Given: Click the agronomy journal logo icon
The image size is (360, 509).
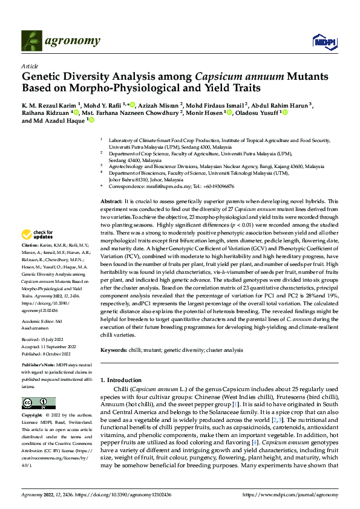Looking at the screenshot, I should [30, 41].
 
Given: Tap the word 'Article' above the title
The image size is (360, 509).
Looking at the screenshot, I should [30, 65].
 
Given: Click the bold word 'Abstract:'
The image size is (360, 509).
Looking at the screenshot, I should [113, 200].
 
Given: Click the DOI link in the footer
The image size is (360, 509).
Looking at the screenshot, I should [121, 494].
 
